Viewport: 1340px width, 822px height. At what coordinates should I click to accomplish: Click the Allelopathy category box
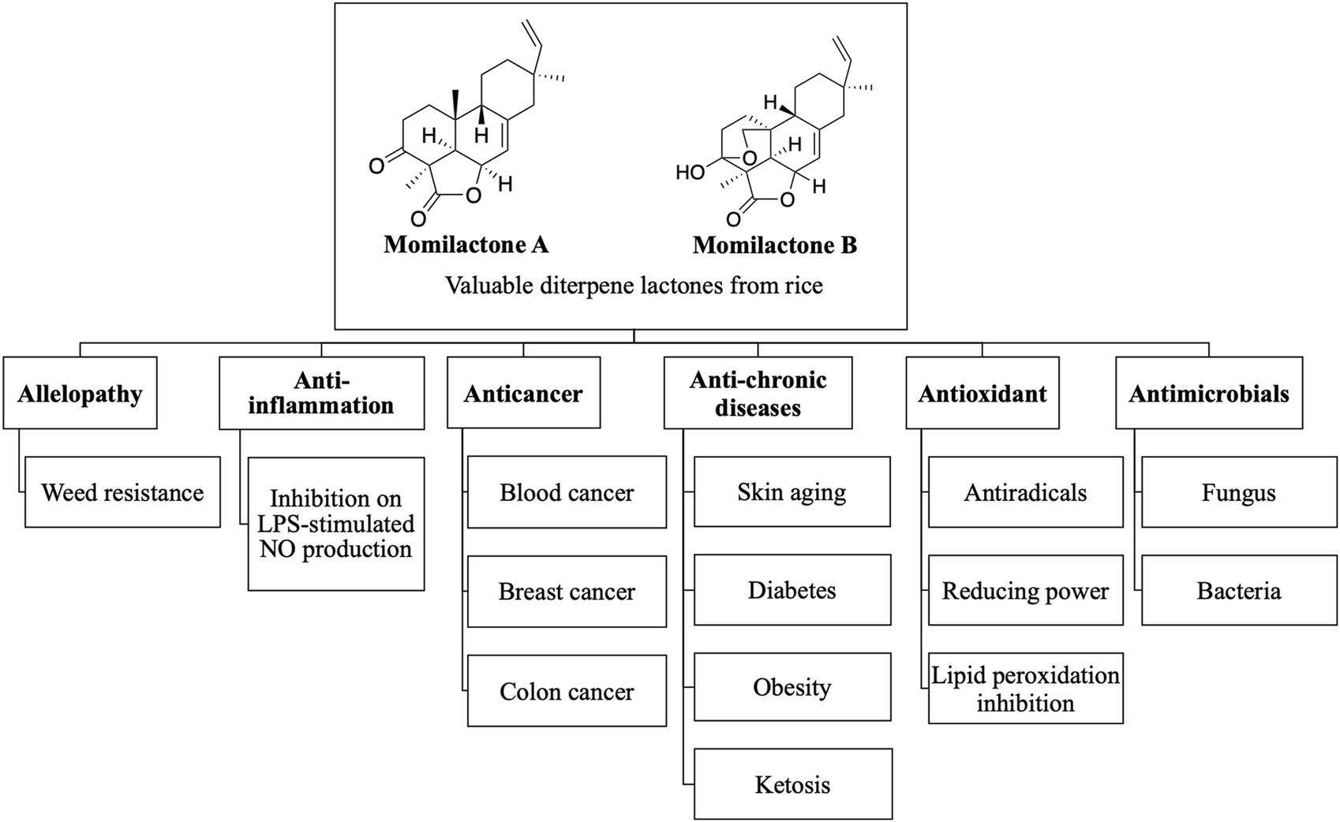click(x=80, y=394)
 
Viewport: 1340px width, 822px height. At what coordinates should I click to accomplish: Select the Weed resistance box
click(x=122, y=492)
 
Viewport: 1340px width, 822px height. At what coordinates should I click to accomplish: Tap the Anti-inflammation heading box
click(x=321, y=394)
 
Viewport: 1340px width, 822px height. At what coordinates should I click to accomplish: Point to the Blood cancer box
click(x=567, y=492)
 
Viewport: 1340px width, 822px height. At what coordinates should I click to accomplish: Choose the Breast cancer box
click(x=567, y=591)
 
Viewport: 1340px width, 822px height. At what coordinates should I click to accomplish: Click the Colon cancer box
click(x=567, y=691)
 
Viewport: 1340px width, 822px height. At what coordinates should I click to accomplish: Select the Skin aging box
click(x=792, y=492)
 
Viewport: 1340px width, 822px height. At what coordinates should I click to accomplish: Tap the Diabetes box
click(x=792, y=590)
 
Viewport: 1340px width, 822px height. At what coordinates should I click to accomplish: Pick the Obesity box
click(x=792, y=687)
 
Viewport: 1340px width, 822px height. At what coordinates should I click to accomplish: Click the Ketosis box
click(x=792, y=784)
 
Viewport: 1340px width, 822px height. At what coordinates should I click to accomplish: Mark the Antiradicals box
click(x=1025, y=492)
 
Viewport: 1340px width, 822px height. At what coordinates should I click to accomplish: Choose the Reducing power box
click(x=1025, y=591)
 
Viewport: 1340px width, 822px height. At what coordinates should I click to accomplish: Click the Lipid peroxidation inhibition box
click(x=1025, y=689)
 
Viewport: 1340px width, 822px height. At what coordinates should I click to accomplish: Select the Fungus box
click(x=1238, y=492)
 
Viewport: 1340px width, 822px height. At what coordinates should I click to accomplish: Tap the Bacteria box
click(x=1238, y=591)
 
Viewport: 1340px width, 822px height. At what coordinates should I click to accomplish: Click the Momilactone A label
click(x=466, y=245)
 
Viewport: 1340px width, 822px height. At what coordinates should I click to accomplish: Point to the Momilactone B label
click(x=774, y=245)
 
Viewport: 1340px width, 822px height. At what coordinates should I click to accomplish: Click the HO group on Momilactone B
click(x=690, y=171)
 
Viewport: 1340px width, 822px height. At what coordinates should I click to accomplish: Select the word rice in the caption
click(x=803, y=285)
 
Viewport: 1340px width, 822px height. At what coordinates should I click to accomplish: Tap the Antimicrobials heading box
click(x=1208, y=394)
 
